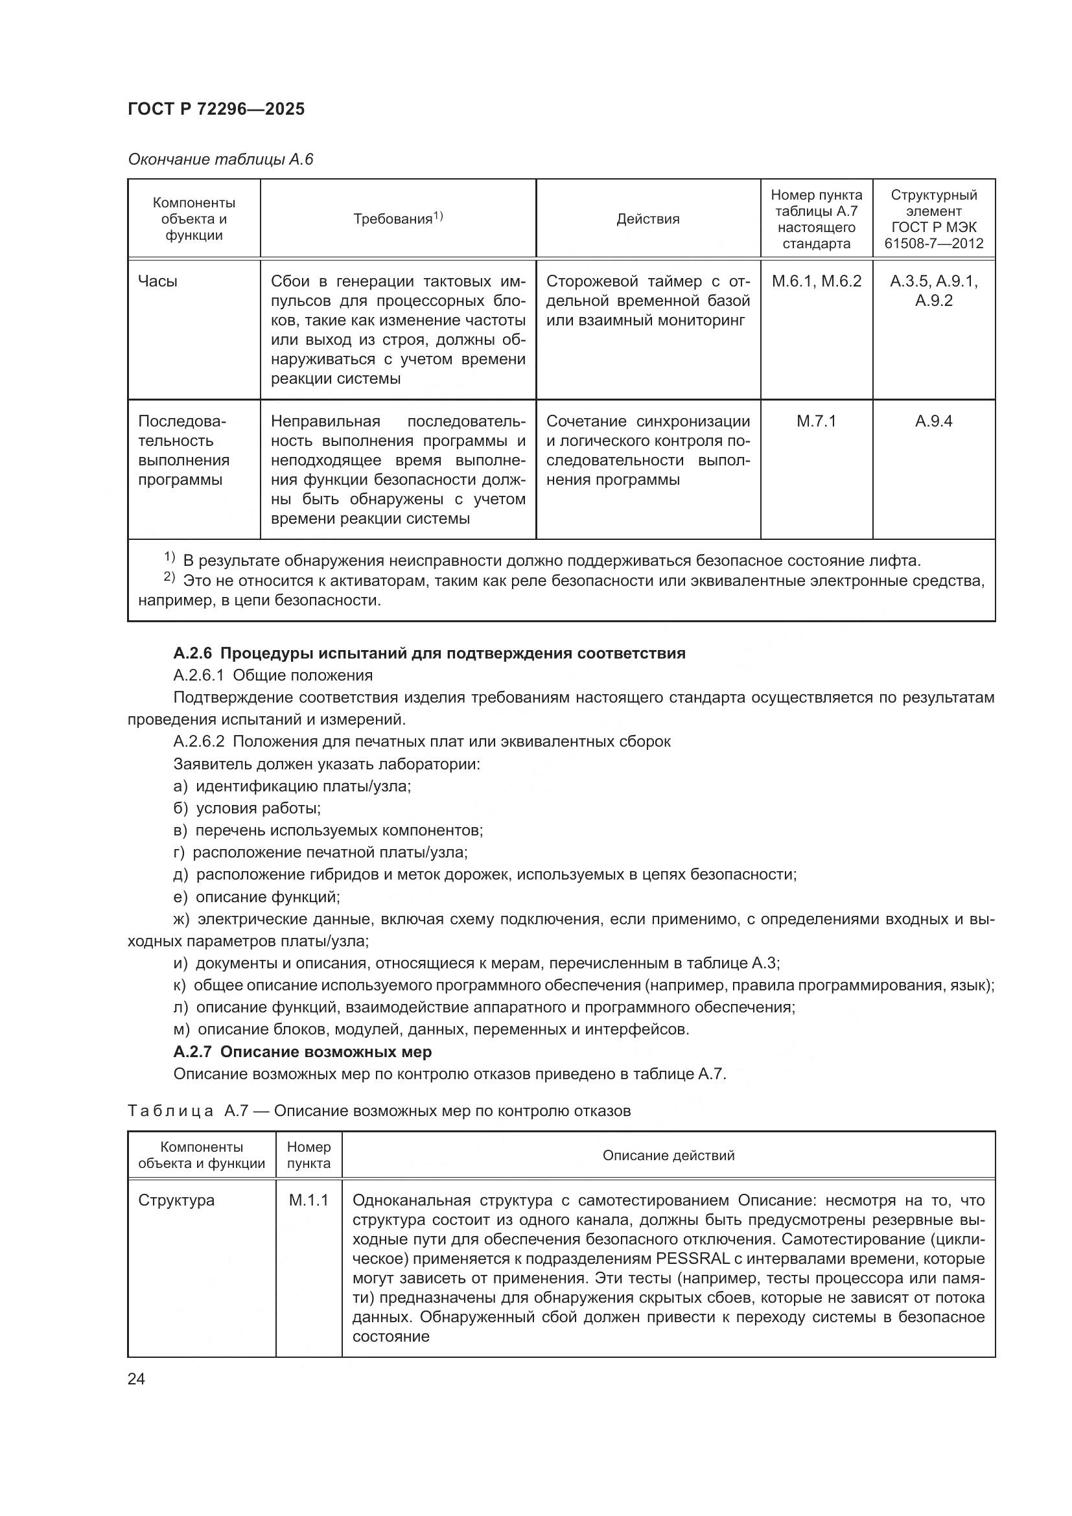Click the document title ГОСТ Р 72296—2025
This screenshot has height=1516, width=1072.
click(x=216, y=109)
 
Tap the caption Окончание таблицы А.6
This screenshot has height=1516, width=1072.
click(x=220, y=159)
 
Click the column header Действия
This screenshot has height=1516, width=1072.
click(x=647, y=219)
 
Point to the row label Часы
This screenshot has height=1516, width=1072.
click(x=157, y=281)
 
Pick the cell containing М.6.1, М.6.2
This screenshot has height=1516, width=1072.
click(x=816, y=281)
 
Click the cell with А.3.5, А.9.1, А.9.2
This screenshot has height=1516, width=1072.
click(x=933, y=290)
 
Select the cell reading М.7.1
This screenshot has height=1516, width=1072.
click(x=816, y=421)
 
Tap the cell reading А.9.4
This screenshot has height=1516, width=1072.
click(x=933, y=421)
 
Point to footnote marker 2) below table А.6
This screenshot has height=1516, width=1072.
click(x=169, y=577)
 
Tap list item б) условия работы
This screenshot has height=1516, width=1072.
click(x=247, y=808)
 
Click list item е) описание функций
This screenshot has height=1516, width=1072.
click(x=257, y=896)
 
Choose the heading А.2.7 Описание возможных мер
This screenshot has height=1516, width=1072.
click(x=302, y=1051)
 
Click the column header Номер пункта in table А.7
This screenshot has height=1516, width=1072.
click(x=309, y=1155)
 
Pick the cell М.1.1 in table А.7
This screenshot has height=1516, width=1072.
click(x=309, y=1200)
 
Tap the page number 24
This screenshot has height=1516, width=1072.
click(x=136, y=1379)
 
